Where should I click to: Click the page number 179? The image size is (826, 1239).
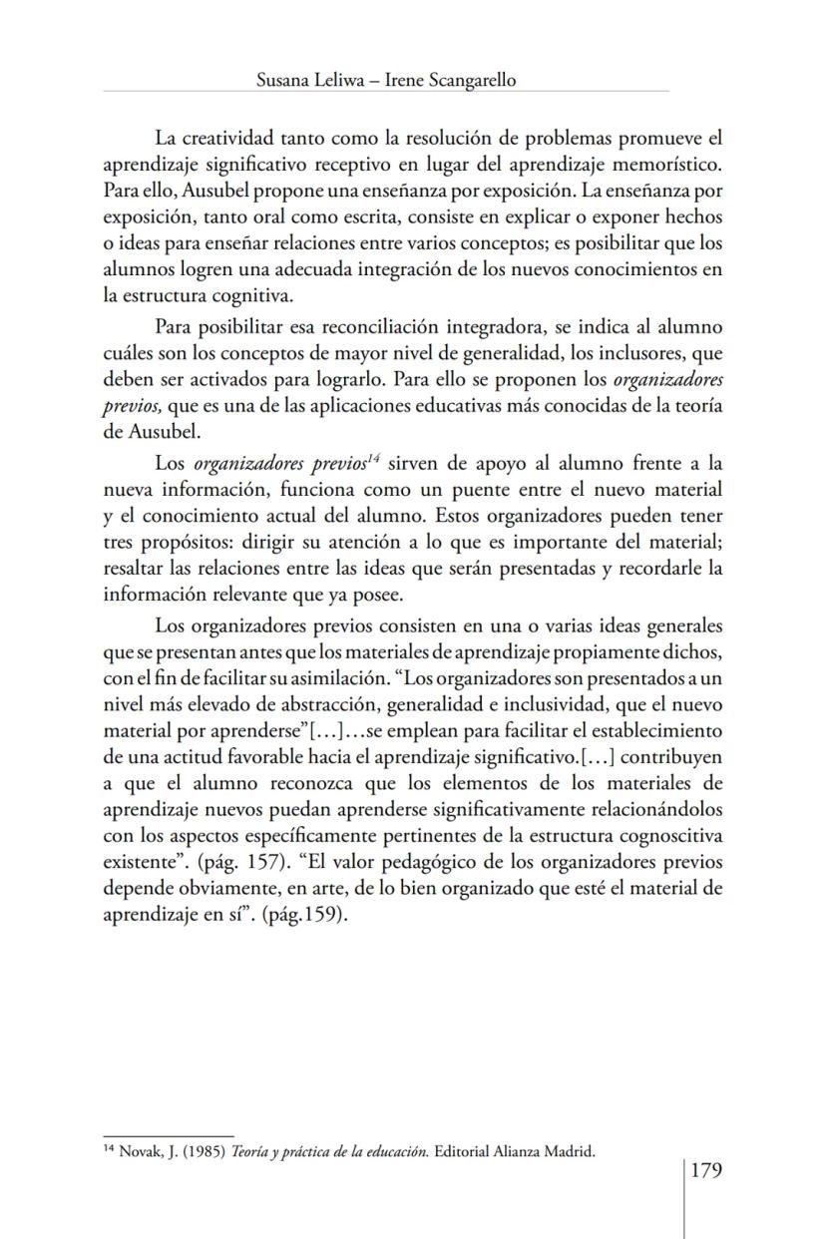pyautogui.click(x=705, y=1170)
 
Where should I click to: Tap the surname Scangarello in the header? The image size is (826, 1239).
pyautogui.click(x=470, y=81)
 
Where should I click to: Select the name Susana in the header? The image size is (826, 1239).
pyautogui.click(x=283, y=81)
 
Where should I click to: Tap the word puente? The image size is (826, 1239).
pyautogui.click(x=482, y=489)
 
